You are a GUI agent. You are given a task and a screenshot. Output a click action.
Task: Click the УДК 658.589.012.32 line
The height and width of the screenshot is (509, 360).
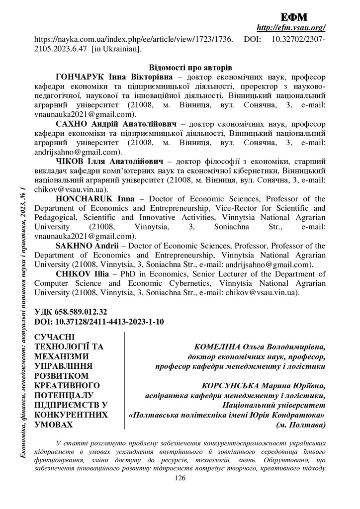[71, 312]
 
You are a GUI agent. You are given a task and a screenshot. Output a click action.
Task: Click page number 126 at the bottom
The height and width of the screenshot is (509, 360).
[180, 478]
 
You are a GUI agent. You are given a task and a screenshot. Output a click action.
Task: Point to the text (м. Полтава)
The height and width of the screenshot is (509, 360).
[301, 425]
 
